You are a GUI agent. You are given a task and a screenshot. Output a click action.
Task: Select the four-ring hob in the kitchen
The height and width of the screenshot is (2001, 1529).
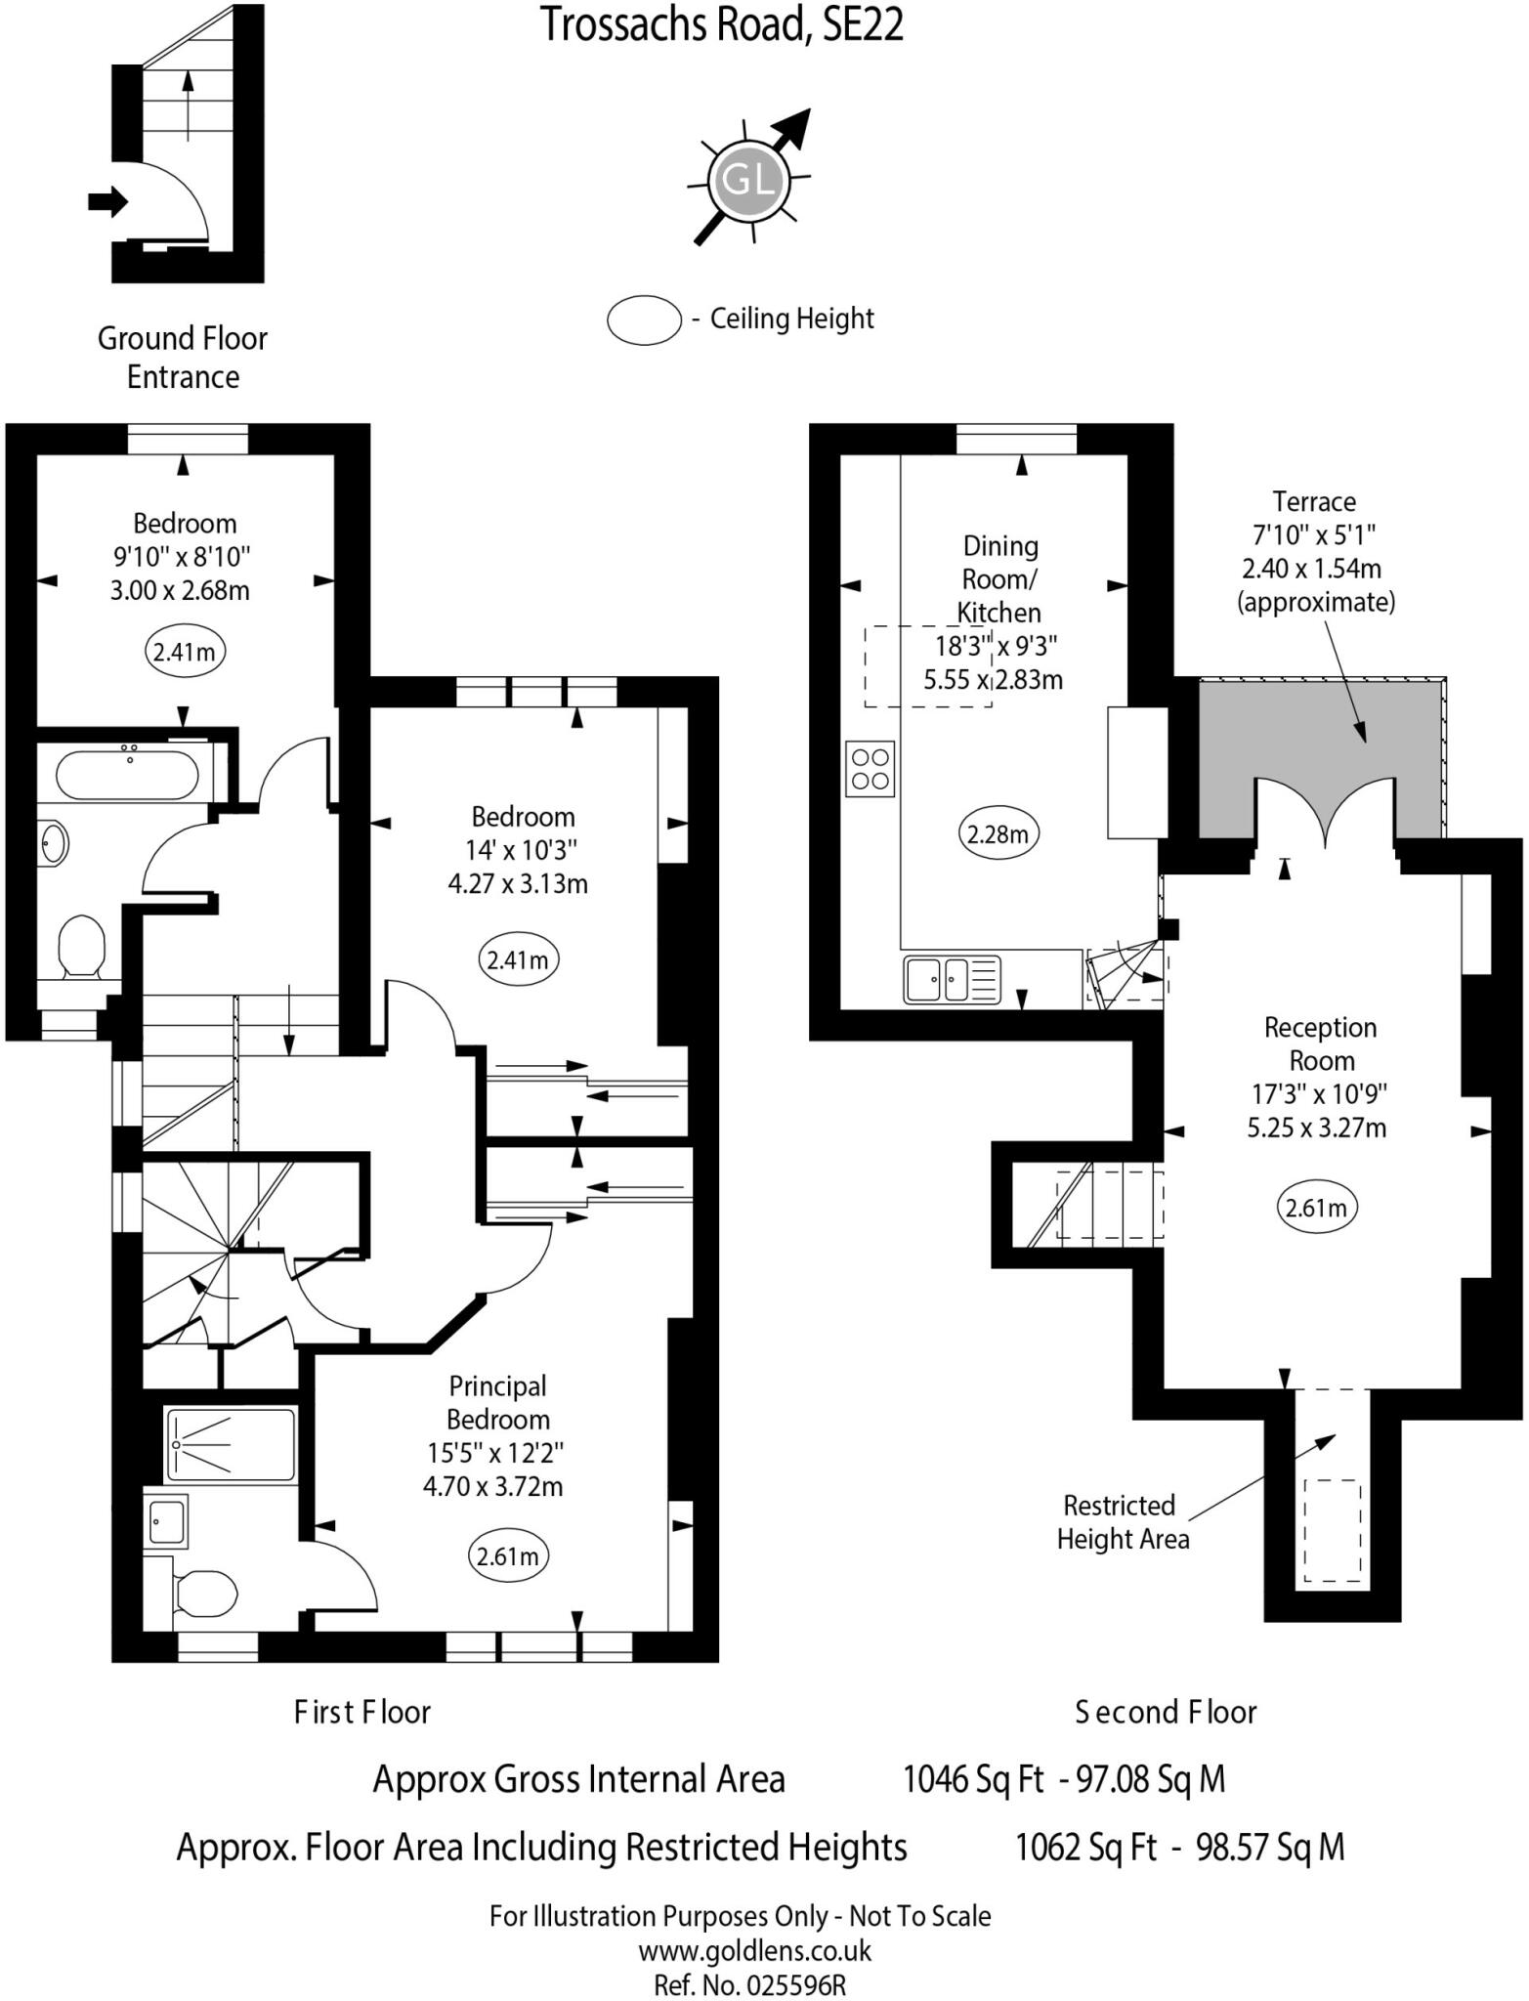coord(870,768)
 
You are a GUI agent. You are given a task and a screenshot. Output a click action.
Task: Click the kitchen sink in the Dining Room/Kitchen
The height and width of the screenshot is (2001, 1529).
coord(952,979)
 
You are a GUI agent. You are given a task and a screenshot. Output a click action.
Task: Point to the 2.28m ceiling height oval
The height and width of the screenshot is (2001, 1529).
coord(998,834)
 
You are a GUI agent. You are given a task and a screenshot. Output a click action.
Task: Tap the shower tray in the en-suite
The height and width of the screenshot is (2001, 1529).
coord(231,1444)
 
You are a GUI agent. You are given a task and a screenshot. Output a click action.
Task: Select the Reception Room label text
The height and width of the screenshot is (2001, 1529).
coord(1320,1043)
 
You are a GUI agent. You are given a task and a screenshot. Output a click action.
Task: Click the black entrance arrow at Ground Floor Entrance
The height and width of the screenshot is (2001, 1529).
coord(107,202)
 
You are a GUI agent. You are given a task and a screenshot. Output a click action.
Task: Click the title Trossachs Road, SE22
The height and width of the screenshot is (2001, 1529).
coord(722,25)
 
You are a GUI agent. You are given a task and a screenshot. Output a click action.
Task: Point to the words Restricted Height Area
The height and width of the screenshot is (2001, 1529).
coord(1122,1521)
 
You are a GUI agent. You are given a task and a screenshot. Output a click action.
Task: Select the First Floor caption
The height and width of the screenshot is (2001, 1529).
coord(362,1711)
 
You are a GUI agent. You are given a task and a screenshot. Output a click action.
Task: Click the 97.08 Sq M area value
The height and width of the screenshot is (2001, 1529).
coord(1150,1778)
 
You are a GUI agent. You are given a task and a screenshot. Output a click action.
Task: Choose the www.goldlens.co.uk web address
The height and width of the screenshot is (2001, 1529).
coord(755,1951)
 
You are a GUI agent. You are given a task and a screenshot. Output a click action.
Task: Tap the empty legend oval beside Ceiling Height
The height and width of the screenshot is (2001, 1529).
coord(644,319)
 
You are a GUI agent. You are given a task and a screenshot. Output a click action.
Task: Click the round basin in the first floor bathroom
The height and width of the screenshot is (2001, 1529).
coord(56,842)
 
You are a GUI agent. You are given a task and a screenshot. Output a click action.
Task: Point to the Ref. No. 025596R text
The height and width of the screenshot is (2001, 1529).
coord(749,1984)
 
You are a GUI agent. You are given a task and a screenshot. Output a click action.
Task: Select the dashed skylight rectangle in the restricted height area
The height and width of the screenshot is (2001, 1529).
coord(1332,1531)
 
